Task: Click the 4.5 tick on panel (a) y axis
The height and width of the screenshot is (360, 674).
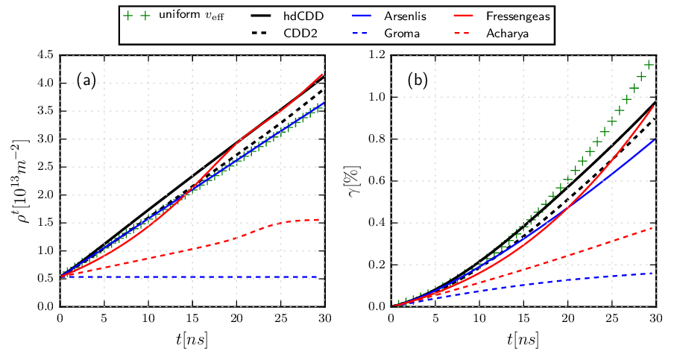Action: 45,55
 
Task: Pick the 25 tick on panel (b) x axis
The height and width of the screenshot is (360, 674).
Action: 612,319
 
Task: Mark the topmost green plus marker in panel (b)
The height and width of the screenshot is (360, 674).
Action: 649,65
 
